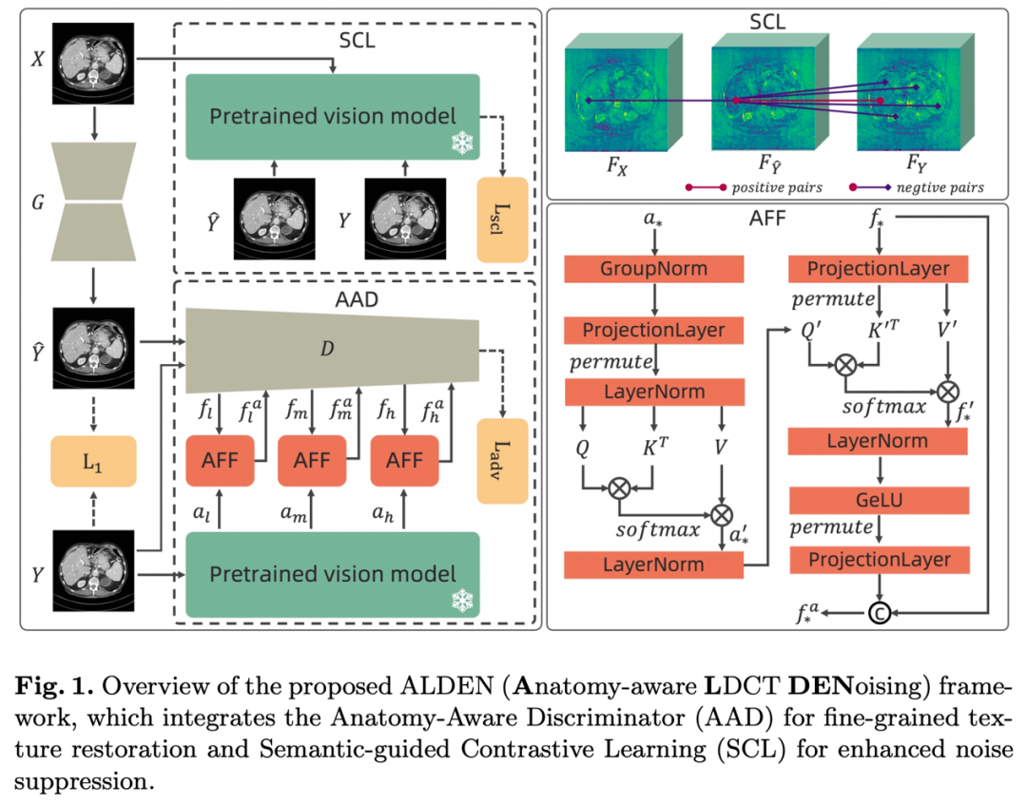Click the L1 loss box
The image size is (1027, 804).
93,461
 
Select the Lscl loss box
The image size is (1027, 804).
502,220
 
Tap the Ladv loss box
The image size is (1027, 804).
502,461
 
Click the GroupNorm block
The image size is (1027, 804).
653,269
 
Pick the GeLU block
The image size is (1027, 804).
879,500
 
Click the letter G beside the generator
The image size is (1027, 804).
38,202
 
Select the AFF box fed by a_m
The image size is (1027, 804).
312,461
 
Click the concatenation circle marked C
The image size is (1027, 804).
879,613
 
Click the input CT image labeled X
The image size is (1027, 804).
93,64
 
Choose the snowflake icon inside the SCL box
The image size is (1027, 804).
462,143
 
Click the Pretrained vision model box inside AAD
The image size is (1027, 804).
333,575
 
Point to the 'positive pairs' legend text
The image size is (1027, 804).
777,188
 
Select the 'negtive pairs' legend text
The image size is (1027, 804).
940,188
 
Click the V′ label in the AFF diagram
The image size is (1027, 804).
947,330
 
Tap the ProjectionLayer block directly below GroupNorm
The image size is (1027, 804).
653,331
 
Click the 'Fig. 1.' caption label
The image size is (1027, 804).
55,686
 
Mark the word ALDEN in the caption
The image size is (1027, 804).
446,686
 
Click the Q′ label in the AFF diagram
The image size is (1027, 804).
811,330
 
